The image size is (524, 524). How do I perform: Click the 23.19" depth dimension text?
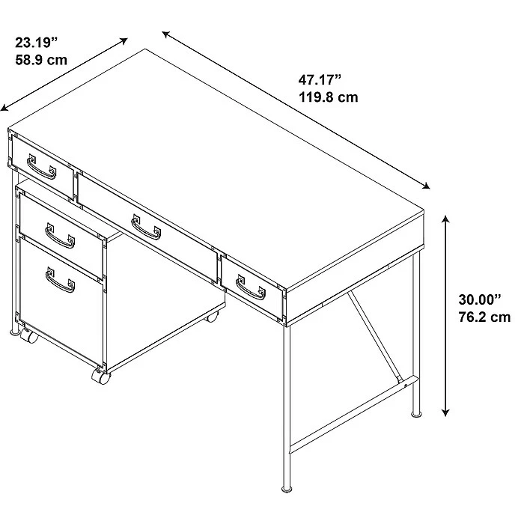point(37,43)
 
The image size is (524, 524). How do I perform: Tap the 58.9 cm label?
point(41,60)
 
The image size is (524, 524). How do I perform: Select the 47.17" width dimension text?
point(320,80)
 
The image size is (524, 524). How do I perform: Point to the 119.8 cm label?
point(328,97)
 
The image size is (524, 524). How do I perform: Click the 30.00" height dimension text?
point(480,299)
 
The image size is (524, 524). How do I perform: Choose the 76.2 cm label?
point(484,317)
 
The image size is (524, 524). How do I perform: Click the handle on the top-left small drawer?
point(41,167)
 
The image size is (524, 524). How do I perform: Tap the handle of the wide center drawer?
point(146,228)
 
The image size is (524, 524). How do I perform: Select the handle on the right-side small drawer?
point(251,287)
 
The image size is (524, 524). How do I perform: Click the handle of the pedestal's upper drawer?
point(60,236)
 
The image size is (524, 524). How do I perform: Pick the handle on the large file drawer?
point(60,280)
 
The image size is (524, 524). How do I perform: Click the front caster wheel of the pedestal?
point(101,377)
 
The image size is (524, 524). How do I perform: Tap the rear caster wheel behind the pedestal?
point(212,316)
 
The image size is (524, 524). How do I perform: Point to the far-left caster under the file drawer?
point(29,335)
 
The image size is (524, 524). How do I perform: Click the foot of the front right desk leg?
point(287,490)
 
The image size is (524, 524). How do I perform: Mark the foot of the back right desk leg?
point(416,415)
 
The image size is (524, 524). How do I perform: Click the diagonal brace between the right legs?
point(374,336)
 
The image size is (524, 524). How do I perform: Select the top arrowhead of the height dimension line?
point(445,219)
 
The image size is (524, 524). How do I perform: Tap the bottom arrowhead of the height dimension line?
point(445,412)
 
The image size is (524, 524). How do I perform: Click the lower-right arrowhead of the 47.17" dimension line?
point(426,186)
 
